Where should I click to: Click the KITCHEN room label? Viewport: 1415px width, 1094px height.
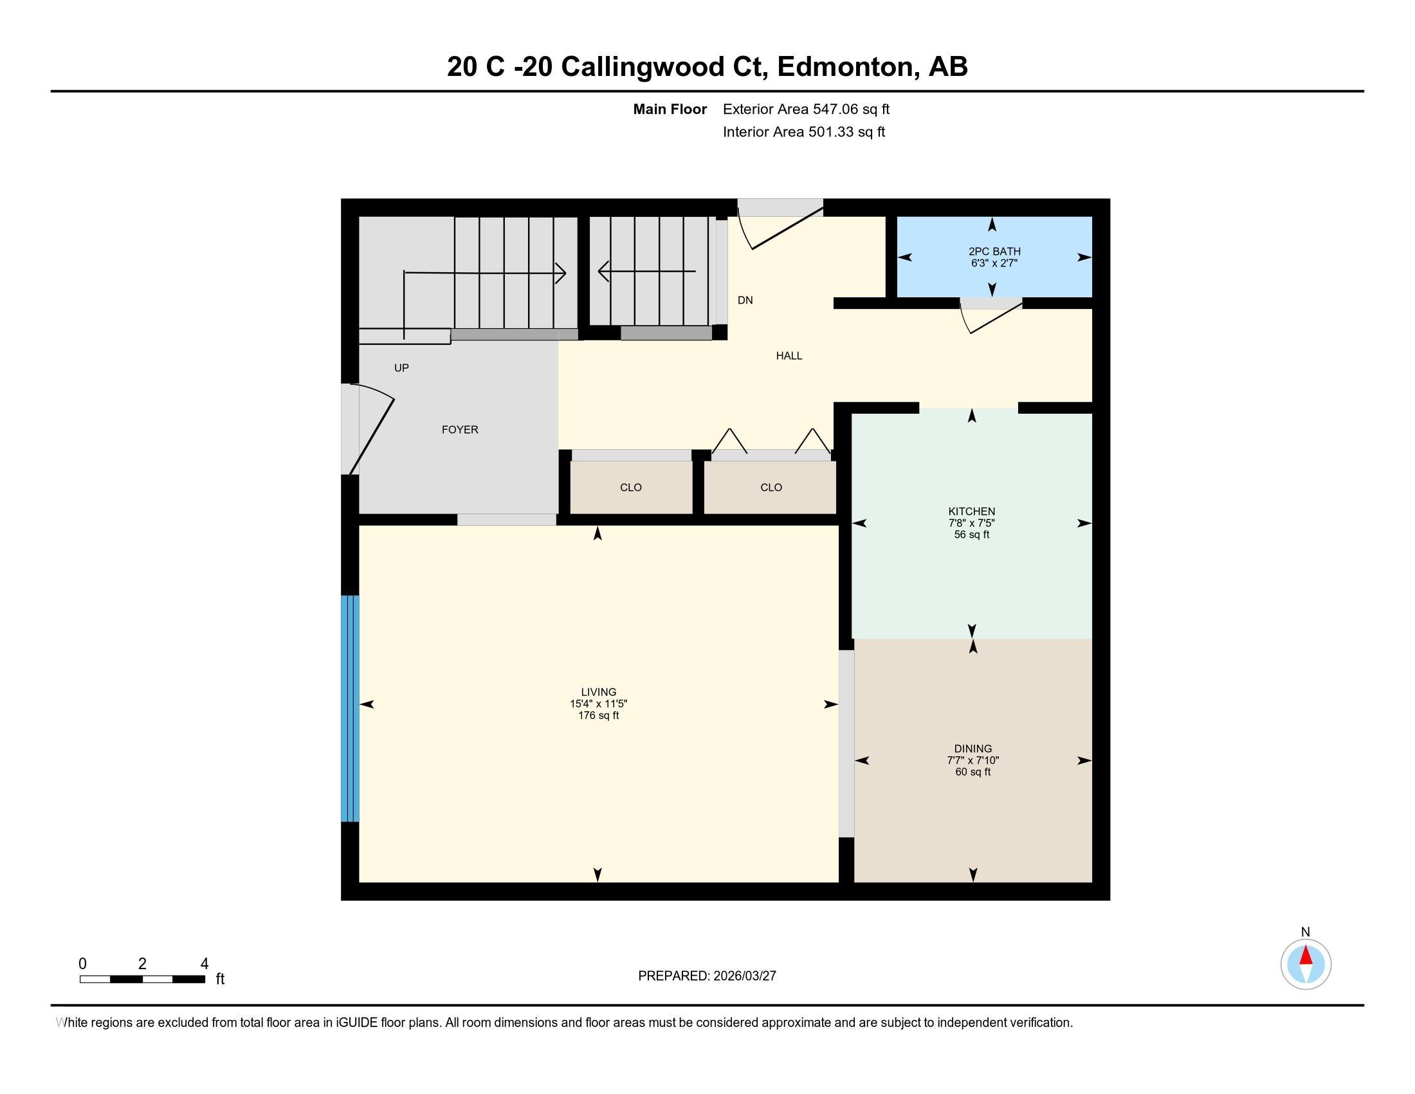click(x=971, y=512)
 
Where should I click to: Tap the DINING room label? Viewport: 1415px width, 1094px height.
click(x=972, y=748)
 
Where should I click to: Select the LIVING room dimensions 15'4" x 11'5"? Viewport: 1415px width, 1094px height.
click(x=598, y=704)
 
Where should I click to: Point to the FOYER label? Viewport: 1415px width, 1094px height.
click(x=459, y=430)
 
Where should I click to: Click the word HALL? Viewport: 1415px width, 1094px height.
click(x=789, y=356)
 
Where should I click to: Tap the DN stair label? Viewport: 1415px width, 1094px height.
click(x=745, y=300)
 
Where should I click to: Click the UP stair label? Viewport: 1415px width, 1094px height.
click(x=401, y=367)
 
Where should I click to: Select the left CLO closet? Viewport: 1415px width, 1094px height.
click(x=630, y=487)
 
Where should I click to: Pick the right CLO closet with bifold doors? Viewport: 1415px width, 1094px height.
click(x=771, y=487)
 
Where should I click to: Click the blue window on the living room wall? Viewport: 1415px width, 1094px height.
click(x=350, y=709)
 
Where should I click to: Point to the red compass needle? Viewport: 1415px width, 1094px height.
click(x=1306, y=956)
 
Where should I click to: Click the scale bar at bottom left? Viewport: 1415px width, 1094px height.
click(x=142, y=979)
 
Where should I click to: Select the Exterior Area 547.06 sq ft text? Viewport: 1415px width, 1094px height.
click(x=806, y=109)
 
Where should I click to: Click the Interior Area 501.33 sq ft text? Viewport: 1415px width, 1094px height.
click(x=803, y=132)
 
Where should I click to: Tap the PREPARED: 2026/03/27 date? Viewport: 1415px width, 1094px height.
click(x=707, y=976)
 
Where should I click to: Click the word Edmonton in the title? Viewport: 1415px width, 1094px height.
click(x=848, y=67)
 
